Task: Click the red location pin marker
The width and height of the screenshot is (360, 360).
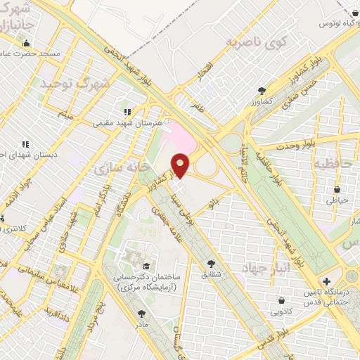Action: (181, 166)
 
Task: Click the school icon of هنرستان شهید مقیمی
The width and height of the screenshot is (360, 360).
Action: (127, 111)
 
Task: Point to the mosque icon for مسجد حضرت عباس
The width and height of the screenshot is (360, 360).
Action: (27, 44)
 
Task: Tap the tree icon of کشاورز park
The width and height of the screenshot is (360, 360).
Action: (262, 91)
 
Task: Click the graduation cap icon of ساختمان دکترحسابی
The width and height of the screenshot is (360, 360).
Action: (146, 265)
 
